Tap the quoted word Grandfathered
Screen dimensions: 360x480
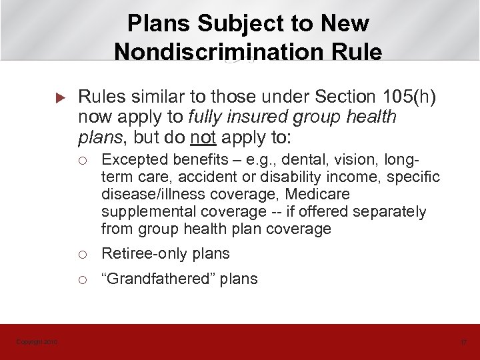coord(160,279)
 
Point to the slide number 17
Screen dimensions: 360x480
coord(460,342)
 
